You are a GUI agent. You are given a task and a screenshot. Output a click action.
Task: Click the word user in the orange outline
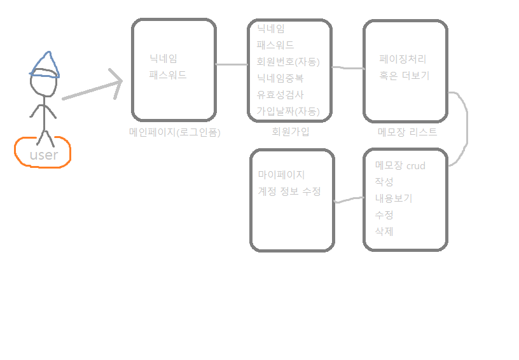(43, 155)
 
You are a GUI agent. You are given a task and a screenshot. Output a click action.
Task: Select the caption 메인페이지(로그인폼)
(174, 132)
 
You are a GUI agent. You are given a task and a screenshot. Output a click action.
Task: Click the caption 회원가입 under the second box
(289, 132)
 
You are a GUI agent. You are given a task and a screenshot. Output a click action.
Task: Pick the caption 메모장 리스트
(407, 132)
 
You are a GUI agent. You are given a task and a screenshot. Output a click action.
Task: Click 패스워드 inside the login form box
(168, 74)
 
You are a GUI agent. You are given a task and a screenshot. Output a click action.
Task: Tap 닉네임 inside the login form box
(163, 59)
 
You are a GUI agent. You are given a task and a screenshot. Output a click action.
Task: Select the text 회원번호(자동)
(288, 62)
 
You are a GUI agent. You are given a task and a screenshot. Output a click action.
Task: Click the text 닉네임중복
(280, 78)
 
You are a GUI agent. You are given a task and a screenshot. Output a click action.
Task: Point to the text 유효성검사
(280, 95)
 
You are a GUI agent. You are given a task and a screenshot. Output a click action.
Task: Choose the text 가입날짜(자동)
(288, 111)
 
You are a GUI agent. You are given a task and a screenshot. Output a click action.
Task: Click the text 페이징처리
(403, 59)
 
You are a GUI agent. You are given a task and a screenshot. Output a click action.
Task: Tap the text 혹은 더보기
(405, 76)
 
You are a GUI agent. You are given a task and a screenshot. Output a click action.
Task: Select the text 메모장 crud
(400, 165)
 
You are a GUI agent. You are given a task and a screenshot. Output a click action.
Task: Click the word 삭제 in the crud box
(384, 232)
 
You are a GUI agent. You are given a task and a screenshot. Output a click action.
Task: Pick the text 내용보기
(394, 198)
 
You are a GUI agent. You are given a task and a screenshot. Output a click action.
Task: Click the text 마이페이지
(282, 174)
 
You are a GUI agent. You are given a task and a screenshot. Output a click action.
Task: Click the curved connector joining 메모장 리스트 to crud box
(467, 127)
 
